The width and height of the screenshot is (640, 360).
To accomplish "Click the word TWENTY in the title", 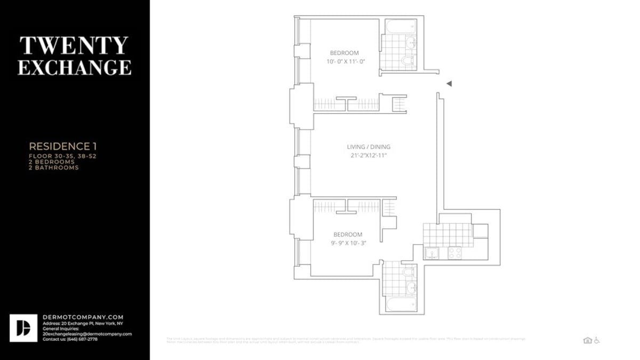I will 74,46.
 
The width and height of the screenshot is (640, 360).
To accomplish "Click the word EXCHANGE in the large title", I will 74,67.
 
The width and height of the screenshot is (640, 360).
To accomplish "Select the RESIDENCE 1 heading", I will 63,146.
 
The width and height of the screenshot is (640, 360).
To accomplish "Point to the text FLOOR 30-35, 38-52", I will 62,156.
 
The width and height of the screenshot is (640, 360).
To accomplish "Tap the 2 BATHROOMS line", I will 53,167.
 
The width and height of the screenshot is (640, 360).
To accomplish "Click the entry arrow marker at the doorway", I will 449,84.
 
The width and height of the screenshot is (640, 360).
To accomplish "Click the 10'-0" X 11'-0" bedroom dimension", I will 346,61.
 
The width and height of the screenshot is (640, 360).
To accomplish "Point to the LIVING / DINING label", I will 369,147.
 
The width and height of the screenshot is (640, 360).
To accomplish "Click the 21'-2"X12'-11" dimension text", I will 369,156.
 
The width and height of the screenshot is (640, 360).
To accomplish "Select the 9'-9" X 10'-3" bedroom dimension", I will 348,243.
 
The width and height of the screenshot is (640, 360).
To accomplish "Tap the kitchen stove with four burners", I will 455,253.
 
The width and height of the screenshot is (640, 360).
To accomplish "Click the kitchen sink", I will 431,253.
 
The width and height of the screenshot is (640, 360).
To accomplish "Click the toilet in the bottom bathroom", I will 410,272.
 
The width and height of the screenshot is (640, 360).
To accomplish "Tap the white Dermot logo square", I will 23,328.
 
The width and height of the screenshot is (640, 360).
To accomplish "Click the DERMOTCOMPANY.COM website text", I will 83,317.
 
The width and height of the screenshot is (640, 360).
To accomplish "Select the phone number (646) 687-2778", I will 81,339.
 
